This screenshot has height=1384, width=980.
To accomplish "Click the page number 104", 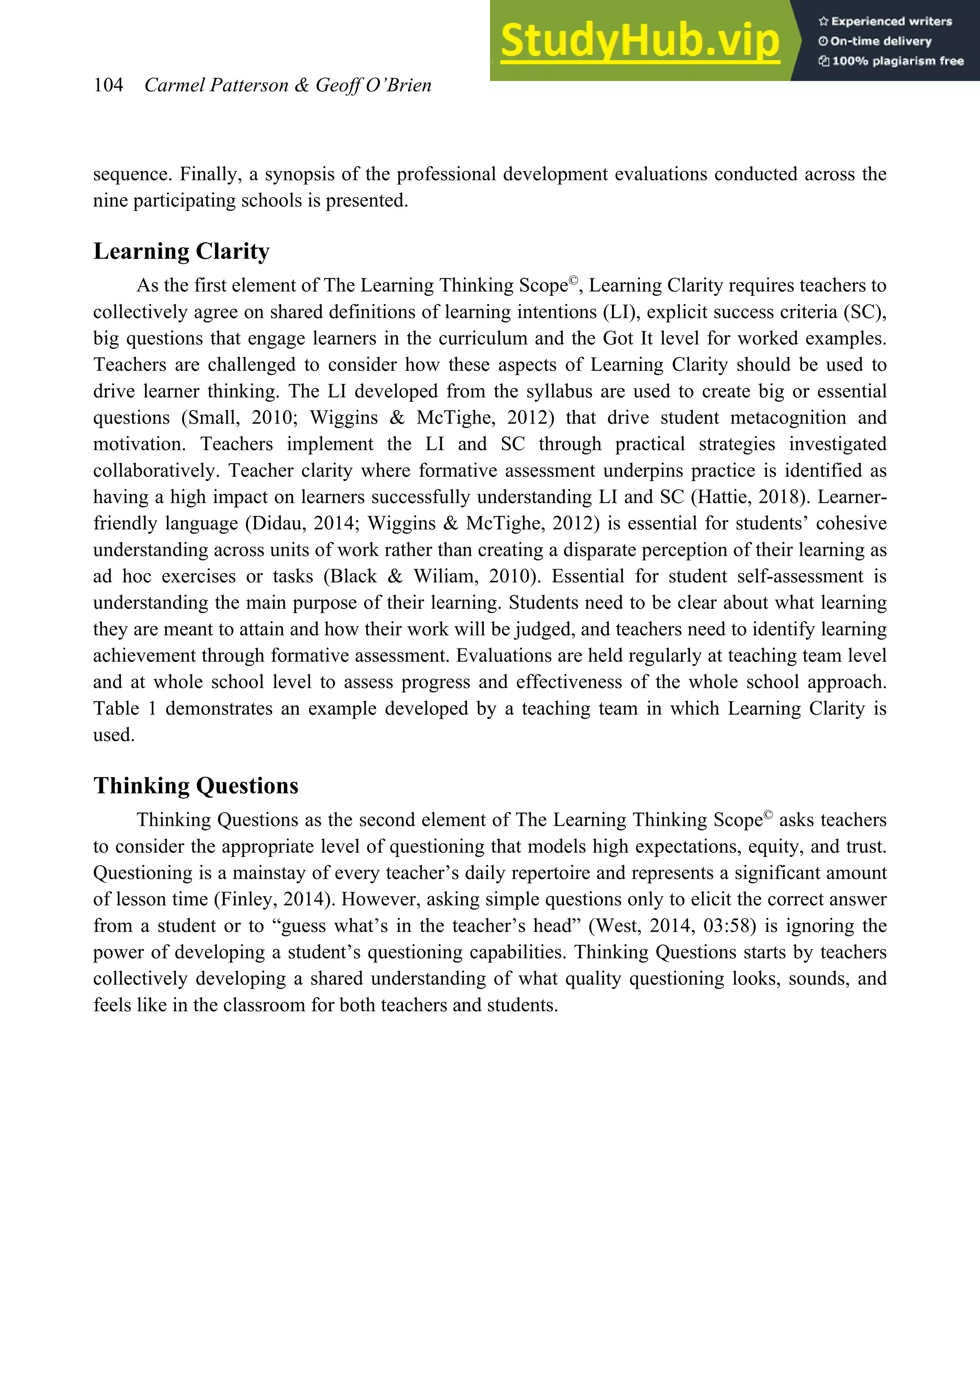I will point(109,85).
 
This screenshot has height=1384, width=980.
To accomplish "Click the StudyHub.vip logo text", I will point(640,41).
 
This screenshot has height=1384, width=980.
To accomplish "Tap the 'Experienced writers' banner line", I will point(885,21).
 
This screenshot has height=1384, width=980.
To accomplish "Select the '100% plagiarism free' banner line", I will point(891,61).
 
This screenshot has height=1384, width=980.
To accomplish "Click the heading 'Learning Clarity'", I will point(181,251).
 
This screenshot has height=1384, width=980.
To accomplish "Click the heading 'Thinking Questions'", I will point(196,786).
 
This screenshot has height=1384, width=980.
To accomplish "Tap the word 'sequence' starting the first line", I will point(127,174).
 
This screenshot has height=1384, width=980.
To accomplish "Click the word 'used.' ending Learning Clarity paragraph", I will point(114,735).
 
